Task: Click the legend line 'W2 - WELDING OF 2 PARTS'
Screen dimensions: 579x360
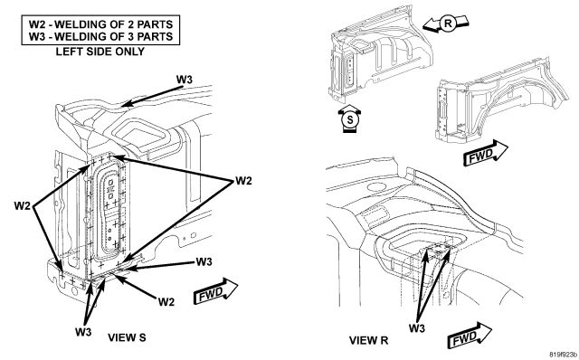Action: tap(100, 24)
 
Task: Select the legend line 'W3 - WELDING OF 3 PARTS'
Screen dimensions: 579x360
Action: tap(100, 36)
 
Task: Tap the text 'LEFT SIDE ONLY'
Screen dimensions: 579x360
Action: tap(100, 52)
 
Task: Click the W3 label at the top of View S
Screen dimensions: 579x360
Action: tap(185, 80)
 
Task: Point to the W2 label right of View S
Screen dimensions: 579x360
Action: tap(243, 181)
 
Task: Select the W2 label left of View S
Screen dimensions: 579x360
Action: tap(22, 205)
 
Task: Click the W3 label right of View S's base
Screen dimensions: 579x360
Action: tap(204, 261)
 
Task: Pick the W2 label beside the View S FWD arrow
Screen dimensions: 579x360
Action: tap(166, 302)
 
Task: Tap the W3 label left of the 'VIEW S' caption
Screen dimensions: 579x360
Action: tap(83, 332)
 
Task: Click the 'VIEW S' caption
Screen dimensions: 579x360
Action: tap(127, 337)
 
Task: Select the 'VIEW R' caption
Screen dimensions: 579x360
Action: tap(368, 340)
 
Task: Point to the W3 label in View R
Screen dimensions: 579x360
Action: tap(417, 327)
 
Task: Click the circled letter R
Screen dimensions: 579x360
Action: tap(448, 24)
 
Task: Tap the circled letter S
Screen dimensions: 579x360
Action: tap(350, 119)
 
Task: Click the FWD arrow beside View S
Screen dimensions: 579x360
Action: tap(215, 291)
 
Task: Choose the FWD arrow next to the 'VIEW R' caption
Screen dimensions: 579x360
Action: tap(469, 336)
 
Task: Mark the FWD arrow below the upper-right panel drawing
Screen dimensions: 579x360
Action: tap(486, 153)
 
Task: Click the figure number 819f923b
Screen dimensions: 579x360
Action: tap(563, 355)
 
